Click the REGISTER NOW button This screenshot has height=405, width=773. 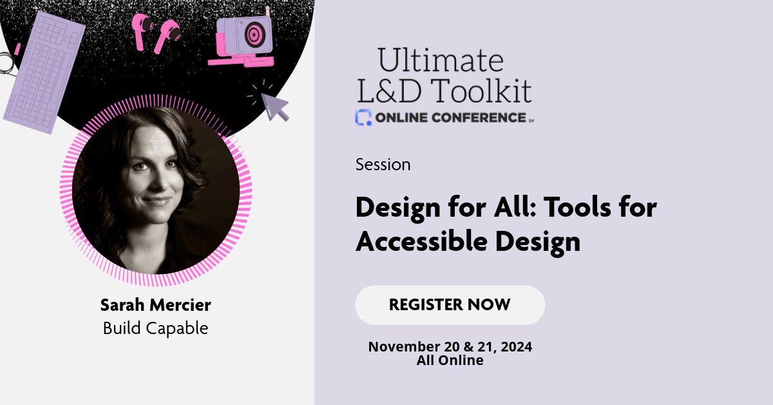(x=450, y=305)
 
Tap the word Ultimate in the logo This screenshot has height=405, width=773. (x=441, y=61)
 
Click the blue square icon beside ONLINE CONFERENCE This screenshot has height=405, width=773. (x=363, y=117)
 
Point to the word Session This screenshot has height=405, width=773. (x=383, y=164)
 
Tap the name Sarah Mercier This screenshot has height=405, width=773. (x=155, y=305)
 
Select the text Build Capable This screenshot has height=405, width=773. (x=155, y=328)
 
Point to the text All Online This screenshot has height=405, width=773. (x=450, y=361)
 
